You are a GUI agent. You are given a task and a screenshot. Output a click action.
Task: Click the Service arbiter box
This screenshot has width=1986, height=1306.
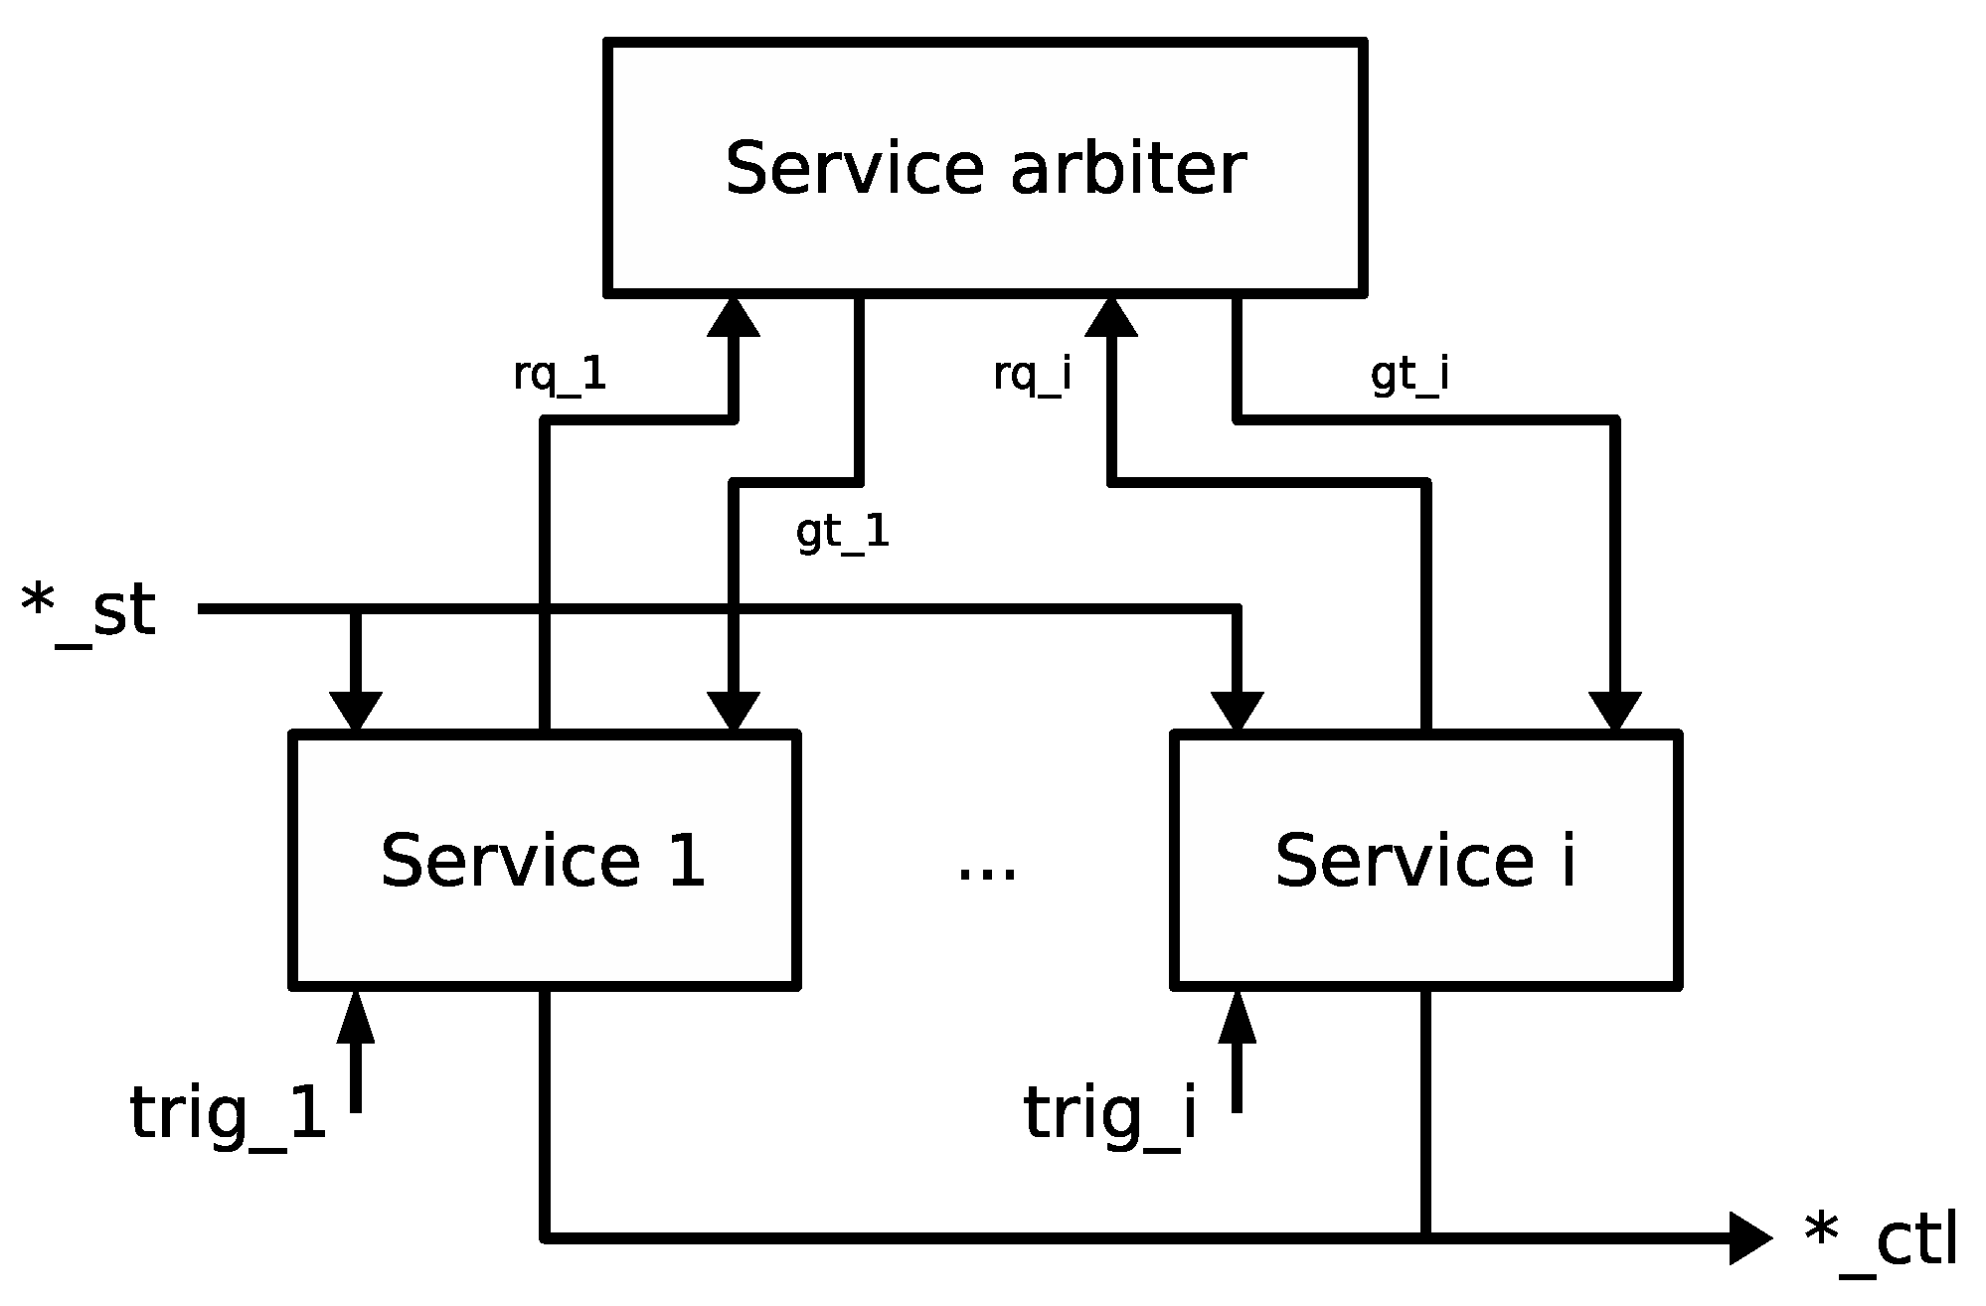point(984,167)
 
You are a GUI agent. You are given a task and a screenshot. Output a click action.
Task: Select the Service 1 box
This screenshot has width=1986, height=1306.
point(544,860)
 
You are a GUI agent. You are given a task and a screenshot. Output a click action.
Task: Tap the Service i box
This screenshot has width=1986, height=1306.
point(1426,860)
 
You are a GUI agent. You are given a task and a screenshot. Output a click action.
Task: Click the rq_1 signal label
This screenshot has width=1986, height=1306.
point(560,377)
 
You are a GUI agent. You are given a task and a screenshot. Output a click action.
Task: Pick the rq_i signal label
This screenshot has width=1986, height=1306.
point(1033,377)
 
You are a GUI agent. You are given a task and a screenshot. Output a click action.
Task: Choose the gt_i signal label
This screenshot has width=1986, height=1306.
point(1409,377)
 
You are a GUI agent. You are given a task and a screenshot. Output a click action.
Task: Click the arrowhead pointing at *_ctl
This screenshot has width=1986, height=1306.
point(1748,1238)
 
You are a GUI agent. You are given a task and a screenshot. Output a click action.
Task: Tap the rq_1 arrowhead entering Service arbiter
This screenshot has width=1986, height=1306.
point(734,318)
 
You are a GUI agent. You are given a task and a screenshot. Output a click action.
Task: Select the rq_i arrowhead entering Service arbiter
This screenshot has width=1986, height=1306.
point(1111,318)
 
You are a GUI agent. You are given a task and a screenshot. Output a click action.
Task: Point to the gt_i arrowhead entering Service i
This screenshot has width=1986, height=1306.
point(1614,711)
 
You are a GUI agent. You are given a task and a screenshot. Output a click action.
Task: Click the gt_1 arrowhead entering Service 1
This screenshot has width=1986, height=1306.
point(734,711)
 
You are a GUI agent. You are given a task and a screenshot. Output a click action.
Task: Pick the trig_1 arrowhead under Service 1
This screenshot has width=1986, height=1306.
point(356,1017)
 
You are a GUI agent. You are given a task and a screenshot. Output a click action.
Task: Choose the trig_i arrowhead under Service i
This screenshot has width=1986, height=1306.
point(1238,1017)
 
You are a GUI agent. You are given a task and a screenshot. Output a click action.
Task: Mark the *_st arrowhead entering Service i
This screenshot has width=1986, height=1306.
point(1238,711)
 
